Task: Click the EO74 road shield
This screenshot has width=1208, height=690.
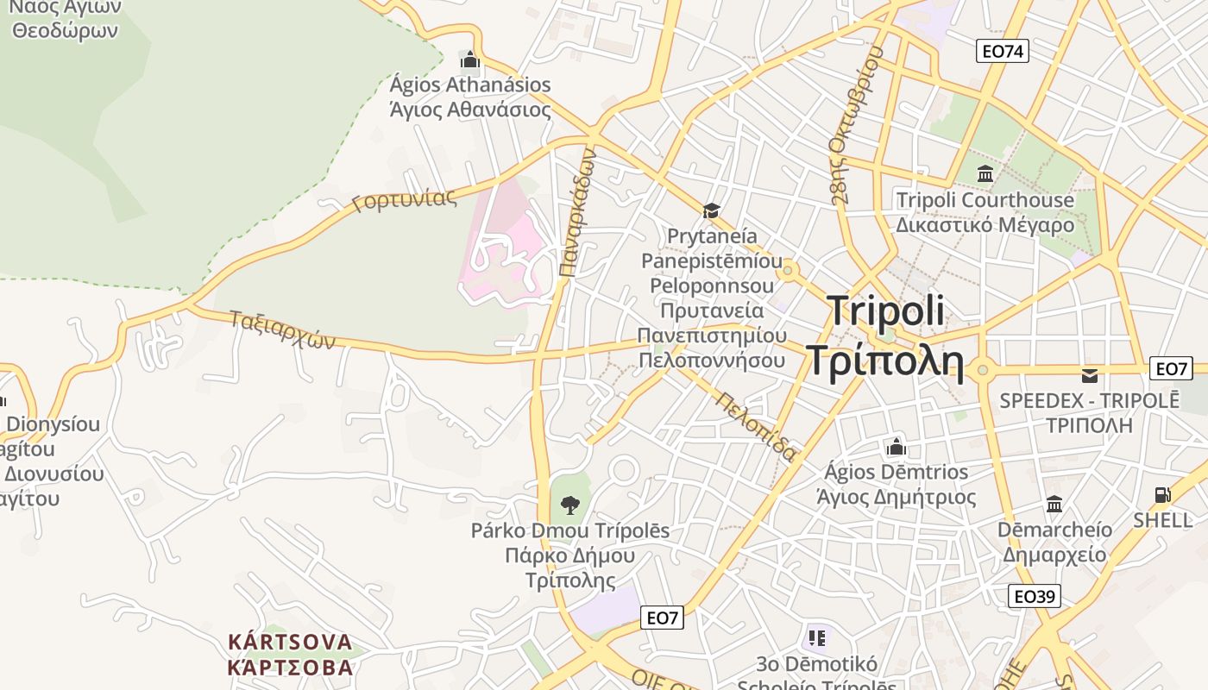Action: tap(1003, 51)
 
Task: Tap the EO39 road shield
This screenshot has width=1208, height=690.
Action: tap(1035, 596)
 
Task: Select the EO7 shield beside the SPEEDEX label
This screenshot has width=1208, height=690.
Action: tap(1171, 369)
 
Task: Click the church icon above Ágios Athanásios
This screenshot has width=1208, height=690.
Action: tap(470, 60)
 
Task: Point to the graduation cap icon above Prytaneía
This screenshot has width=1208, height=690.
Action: tap(711, 210)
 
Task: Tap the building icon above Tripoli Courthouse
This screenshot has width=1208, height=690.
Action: tap(985, 174)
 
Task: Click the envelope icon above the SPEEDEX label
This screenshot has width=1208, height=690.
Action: tap(1090, 375)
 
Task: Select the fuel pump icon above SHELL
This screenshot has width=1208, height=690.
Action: tap(1163, 495)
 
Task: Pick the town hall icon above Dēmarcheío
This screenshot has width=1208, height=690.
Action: tap(1054, 504)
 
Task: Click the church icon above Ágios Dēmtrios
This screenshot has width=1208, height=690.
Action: tap(897, 447)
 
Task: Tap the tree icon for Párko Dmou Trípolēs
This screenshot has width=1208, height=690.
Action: tap(569, 505)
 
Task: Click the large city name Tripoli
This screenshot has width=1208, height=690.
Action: tap(885, 311)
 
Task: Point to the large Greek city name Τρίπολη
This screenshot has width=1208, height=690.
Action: tap(884, 361)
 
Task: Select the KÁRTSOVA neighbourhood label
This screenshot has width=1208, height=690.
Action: tap(290, 642)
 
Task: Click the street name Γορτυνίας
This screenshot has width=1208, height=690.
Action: tap(404, 200)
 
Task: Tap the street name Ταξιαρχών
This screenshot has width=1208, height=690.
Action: tap(281, 329)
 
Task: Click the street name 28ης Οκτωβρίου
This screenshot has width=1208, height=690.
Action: tap(856, 125)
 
